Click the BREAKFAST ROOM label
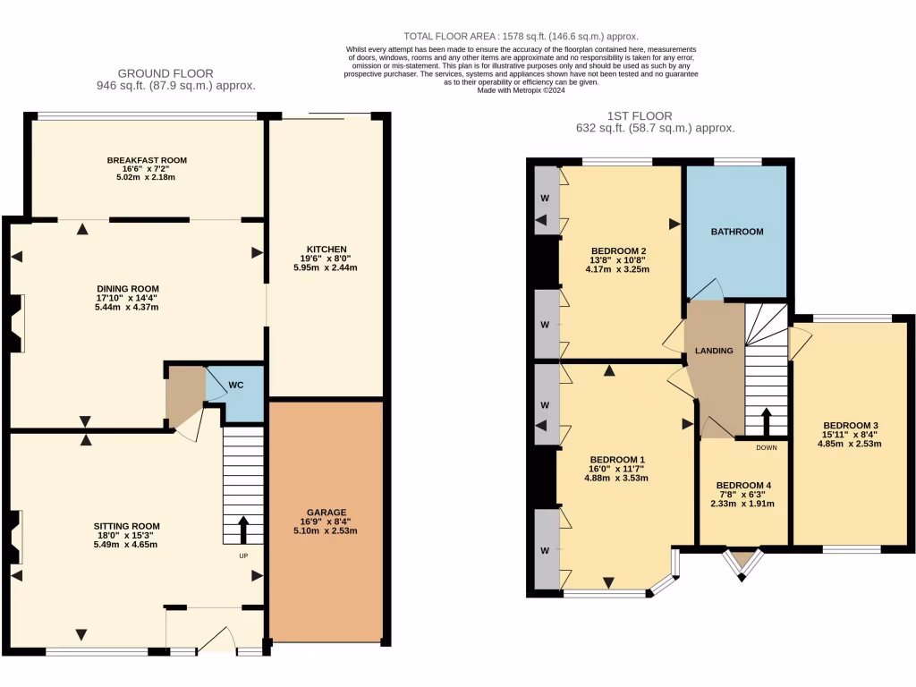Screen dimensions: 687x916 pyautogui.click(x=147, y=160)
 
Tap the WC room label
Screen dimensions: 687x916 pyautogui.click(x=234, y=386)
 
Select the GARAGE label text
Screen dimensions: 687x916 pyautogui.click(x=328, y=513)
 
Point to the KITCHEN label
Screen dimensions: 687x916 pyautogui.click(x=327, y=249)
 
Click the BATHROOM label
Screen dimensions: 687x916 pyautogui.click(x=737, y=232)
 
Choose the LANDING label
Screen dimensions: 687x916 pyautogui.click(x=714, y=351)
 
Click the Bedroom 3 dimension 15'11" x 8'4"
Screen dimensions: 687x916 pyautogui.click(x=852, y=435)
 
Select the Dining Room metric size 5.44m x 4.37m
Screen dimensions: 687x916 pyautogui.click(x=133, y=308)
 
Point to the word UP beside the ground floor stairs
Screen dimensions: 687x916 pyautogui.click(x=243, y=556)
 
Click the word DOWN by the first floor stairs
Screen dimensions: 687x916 pyautogui.click(x=767, y=447)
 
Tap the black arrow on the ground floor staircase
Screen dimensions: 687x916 pyautogui.click(x=243, y=529)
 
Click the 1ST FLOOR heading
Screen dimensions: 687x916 pyautogui.click(x=640, y=115)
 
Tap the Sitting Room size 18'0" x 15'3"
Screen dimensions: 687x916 pyautogui.click(x=127, y=535)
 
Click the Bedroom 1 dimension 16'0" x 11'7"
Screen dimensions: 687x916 pyautogui.click(x=616, y=469)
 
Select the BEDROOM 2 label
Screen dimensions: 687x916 pyautogui.click(x=618, y=250)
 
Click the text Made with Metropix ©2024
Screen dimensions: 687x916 pyautogui.click(x=520, y=90)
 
